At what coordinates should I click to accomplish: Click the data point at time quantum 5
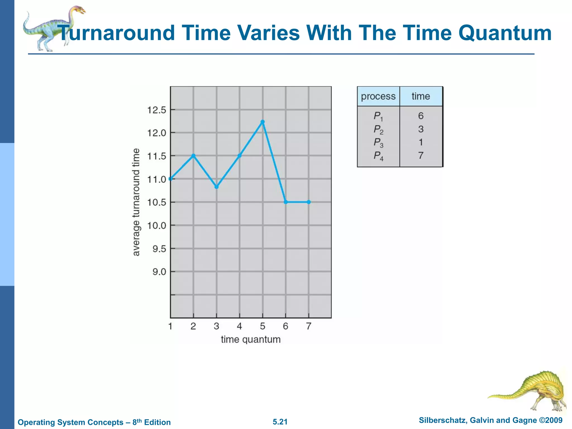tap(263, 122)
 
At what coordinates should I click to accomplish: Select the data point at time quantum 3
tap(216, 187)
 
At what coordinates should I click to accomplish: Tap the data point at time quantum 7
tap(309, 202)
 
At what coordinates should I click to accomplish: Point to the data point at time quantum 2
tap(193, 156)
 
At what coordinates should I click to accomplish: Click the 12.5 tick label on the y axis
tap(156, 110)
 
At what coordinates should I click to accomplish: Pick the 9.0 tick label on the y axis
tap(159, 272)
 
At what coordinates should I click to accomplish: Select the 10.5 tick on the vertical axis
tap(156, 202)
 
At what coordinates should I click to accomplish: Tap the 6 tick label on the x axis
tap(285, 326)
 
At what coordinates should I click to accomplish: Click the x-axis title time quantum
tap(251, 339)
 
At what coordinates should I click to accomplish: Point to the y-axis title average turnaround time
tap(136, 202)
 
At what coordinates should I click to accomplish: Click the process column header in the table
tap(378, 96)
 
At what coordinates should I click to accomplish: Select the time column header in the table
tap(421, 96)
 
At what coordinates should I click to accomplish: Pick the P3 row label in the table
tap(378, 143)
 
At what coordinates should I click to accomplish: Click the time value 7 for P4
tap(421, 156)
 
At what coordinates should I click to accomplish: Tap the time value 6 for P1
tap(421, 116)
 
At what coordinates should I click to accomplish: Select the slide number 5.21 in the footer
tap(280, 422)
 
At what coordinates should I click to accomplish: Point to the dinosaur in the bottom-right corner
tap(531, 390)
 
